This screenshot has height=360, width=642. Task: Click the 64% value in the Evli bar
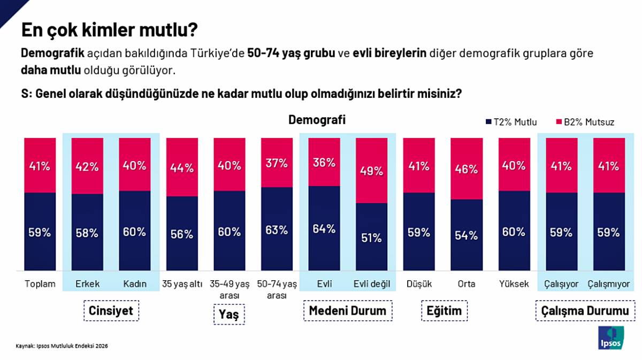tap(325, 229)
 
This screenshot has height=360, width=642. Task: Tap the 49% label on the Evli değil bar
tap(372, 171)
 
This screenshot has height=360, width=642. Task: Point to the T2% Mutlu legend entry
tap(511, 122)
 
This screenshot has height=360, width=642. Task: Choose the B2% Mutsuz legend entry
tap(585, 122)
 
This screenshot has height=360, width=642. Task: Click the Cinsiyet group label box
tap(111, 311)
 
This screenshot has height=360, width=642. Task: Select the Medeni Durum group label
tap(348, 311)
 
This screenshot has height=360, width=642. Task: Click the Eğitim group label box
tap(444, 311)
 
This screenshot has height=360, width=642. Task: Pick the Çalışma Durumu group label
tap(585, 311)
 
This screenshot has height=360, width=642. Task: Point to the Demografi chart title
tap(317, 120)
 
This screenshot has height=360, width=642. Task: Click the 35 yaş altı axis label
tap(182, 284)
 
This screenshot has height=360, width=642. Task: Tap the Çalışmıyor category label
tap(609, 284)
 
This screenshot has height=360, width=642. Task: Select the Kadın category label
tap(134, 284)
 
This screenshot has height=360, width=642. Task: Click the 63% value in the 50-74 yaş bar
tap(277, 230)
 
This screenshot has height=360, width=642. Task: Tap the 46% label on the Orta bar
tap(467, 170)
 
